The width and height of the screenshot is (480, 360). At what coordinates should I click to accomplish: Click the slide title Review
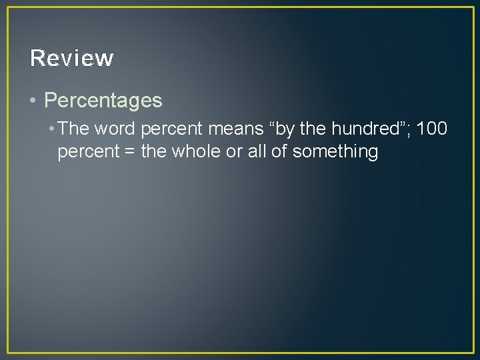(72, 59)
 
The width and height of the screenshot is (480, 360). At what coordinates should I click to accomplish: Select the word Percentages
(103, 101)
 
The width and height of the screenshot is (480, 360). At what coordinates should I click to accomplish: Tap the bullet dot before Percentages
(33, 101)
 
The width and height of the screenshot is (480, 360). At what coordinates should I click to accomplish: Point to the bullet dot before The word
(52, 128)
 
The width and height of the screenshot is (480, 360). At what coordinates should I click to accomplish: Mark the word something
(335, 152)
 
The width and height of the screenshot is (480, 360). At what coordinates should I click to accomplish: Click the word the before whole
(154, 151)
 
